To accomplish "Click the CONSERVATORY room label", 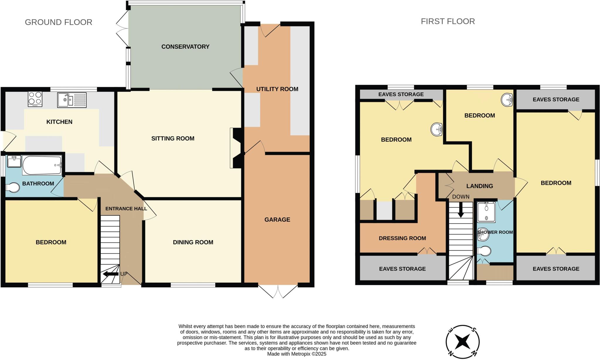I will tap(185, 47).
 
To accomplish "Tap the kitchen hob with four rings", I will tap(35, 99).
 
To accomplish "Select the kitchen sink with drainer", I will tap(72, 100).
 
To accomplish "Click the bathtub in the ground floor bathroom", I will tap(42, 165).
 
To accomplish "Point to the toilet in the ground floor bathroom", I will tap(12, 188).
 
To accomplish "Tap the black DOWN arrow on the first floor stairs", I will tap(461, 210).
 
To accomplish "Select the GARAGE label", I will tap(277, 220).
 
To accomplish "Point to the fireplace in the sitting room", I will tap(236, 148).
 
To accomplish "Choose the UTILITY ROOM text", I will tap(277, 89).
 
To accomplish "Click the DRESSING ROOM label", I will tap(402, 238).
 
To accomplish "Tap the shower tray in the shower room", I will tap(486, 211).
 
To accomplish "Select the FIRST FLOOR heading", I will tap(448, 21).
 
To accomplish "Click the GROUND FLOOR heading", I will tap(59, 22).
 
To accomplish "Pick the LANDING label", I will tap(480, 186).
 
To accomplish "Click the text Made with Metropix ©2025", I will tap(296, 354).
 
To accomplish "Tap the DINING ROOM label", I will tap(193, 242).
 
